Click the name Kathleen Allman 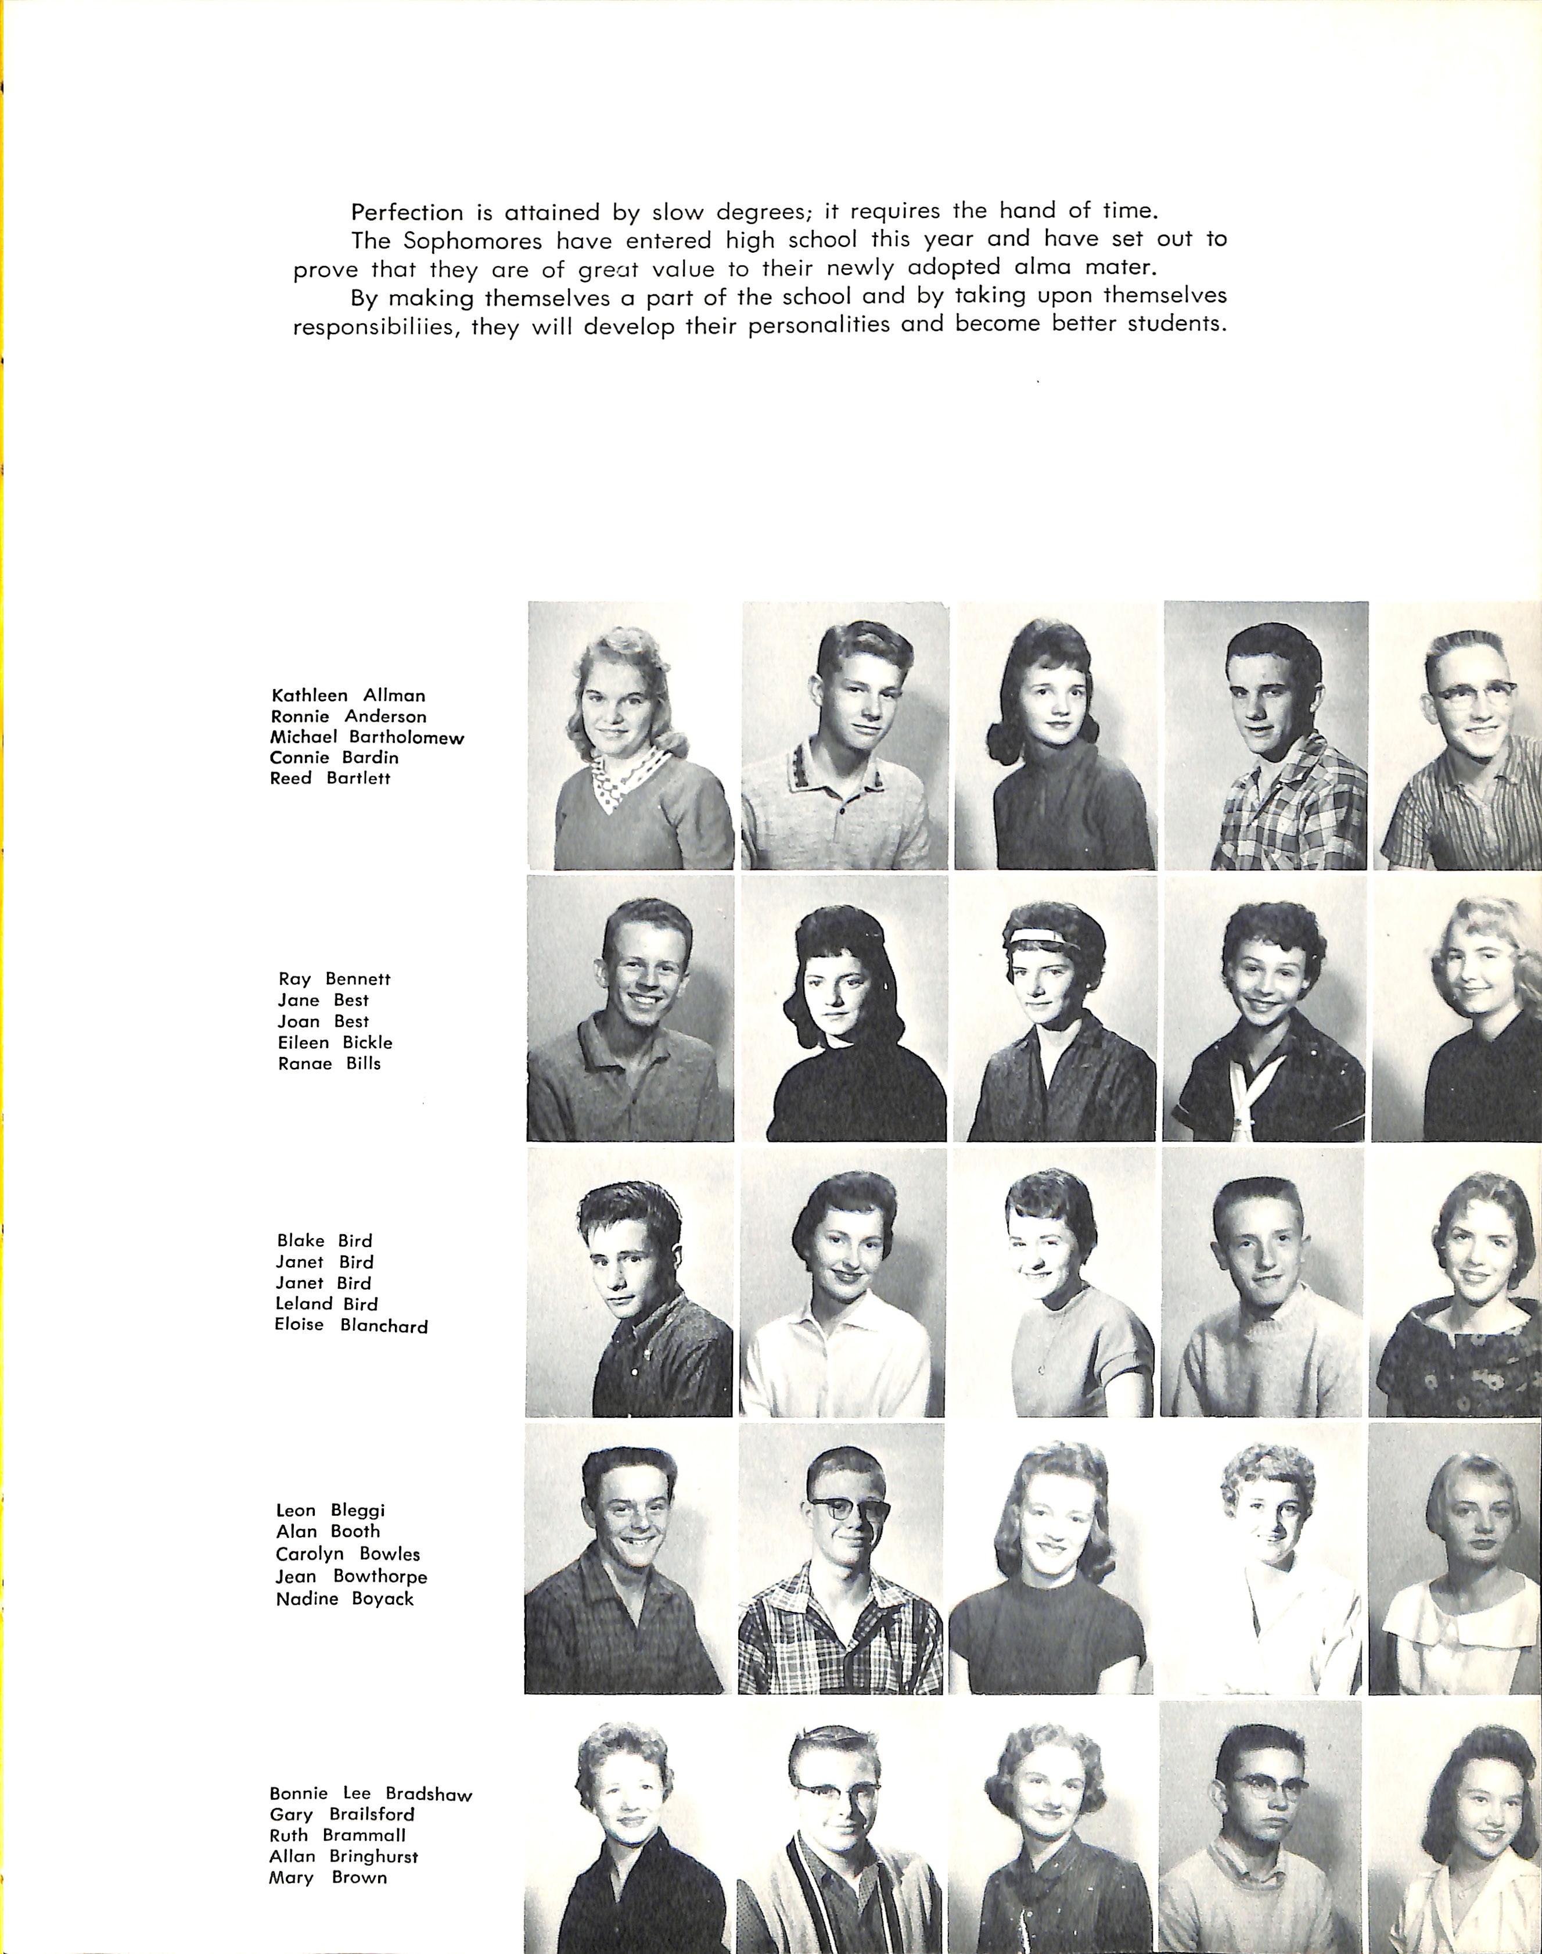point(347,695)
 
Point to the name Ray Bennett point(334,979)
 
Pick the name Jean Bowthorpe point(351,1576)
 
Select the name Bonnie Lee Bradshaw point(370,1794)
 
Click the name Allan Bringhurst point(343,1856)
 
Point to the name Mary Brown point(327,1877)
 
